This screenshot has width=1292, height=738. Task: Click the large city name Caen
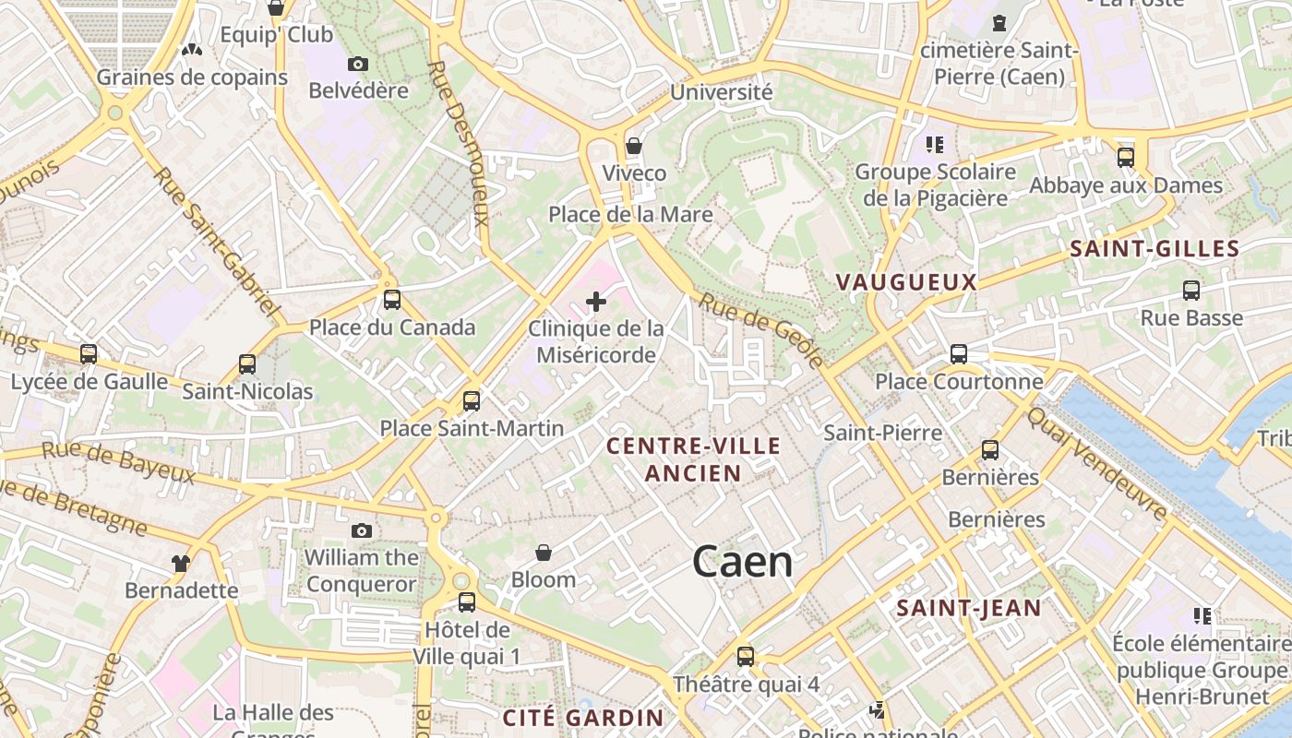(742, 561)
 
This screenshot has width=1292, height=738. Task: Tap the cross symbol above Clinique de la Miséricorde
(596, 301)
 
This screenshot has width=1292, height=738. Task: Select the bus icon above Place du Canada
(392, 300)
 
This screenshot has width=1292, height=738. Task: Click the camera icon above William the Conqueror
(362, 530)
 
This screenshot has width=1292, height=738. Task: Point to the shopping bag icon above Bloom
(544, 553)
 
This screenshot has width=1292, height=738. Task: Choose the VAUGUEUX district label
(905, 282)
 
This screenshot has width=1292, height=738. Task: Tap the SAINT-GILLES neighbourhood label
(1154, 248)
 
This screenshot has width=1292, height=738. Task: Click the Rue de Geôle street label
(760, 329)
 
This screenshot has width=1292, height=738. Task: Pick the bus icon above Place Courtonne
(959, 354)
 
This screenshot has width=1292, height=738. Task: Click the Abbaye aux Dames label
(1125, 185)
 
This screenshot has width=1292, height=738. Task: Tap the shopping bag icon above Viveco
(634, 146)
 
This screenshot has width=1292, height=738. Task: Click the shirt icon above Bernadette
(181, 563)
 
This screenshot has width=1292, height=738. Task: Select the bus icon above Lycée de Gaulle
(89, 354)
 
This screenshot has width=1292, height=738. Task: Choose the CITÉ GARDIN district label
(583, 718)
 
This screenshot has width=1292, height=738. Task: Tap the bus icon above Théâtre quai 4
(746, 657)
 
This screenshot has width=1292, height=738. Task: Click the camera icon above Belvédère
(358, 64)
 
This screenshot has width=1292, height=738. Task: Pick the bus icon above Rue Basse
(1191, 291)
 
